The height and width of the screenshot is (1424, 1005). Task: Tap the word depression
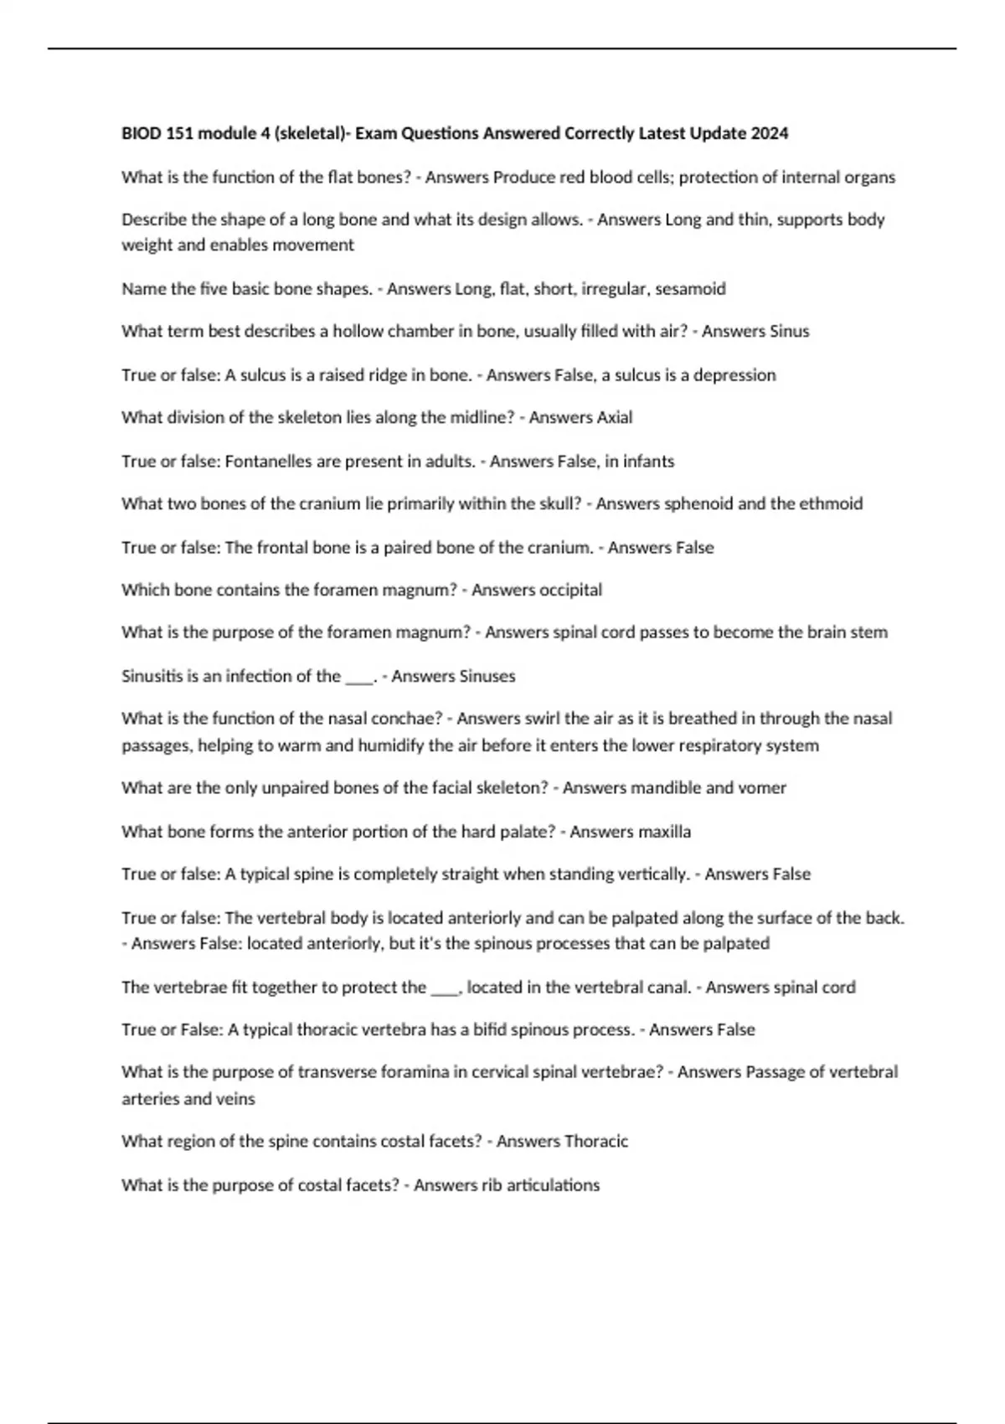734,375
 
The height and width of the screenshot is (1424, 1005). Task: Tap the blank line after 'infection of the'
359,678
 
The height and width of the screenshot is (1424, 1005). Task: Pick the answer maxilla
665,833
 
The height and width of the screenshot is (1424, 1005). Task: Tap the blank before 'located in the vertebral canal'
445,989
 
